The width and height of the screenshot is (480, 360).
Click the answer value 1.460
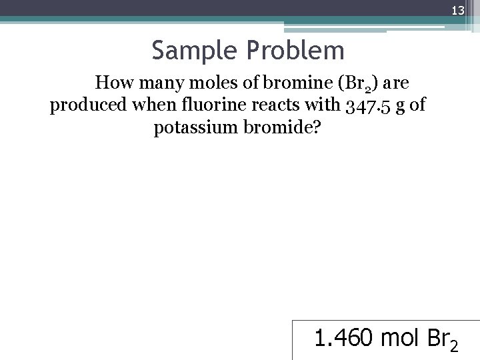click(x=344, y=339)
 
